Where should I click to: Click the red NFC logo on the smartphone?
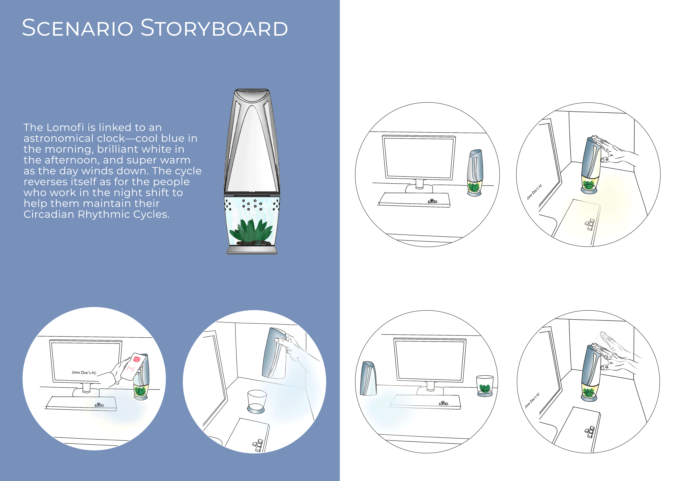point(137,359)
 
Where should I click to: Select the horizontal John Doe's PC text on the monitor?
point(84,373)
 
